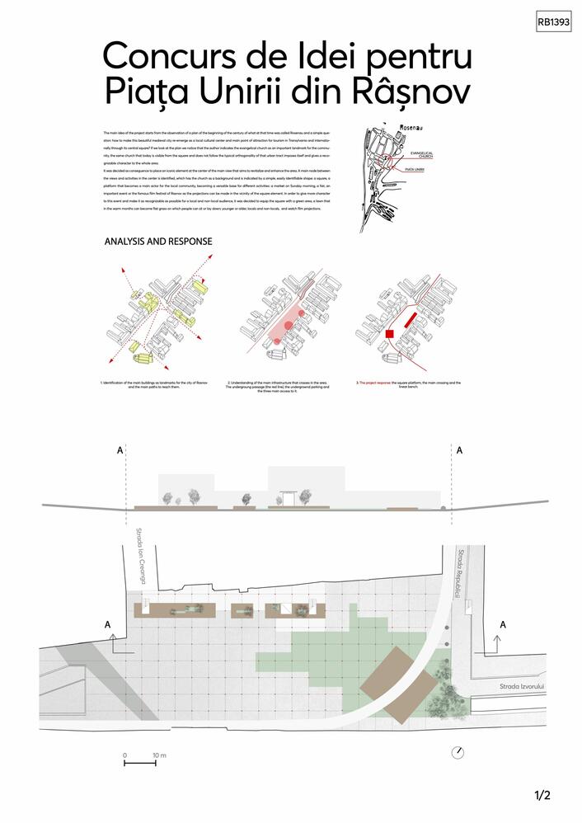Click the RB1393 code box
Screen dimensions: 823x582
[553, 23]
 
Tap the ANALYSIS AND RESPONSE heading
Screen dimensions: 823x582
[157, 242]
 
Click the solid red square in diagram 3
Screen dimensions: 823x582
[390, 333]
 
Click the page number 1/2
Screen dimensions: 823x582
[542, 796]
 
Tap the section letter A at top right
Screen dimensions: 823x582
[460, 450]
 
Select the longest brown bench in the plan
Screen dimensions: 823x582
[175, 611]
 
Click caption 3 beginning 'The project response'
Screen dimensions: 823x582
[408, 385]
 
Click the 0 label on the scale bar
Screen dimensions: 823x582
[125, 755]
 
